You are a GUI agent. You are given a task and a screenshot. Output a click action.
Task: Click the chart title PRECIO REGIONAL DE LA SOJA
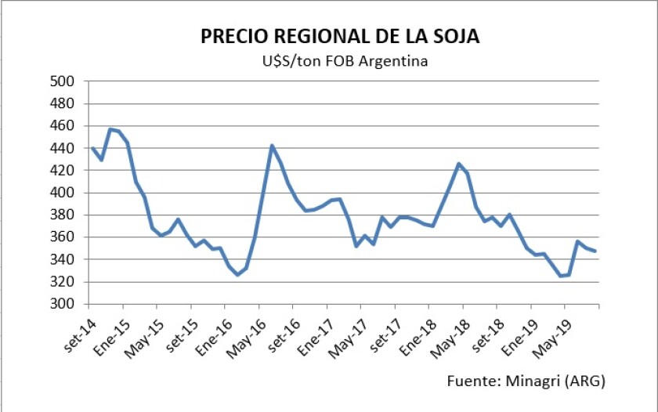[340, 37]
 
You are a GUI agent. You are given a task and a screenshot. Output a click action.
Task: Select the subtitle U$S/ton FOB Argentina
[340, 61]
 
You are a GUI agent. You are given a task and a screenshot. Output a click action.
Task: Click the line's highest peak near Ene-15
[110, 129]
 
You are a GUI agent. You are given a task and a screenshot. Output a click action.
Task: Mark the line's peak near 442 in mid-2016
[272, 146]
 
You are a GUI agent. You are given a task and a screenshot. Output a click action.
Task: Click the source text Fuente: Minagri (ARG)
[526, 381]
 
